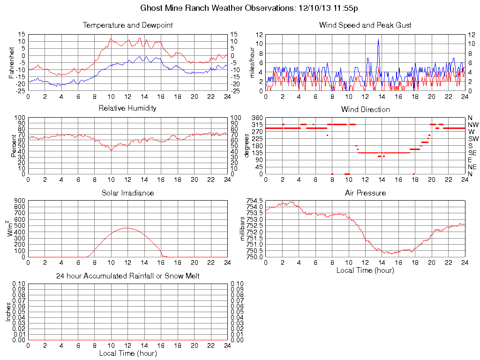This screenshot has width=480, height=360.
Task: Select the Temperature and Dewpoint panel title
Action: (x=127, y=25)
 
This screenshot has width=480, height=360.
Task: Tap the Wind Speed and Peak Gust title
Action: (x=365, y=25)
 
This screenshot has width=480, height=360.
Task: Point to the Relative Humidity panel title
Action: (x=127, y=108)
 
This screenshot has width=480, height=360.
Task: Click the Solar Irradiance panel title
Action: (x=127, y=193)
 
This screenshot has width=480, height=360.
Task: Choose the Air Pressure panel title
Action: (x=365, y=193)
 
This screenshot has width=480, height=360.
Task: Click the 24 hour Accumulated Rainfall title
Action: (x=127, y=276)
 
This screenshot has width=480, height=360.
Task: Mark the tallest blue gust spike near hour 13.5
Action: (x=378, y=39)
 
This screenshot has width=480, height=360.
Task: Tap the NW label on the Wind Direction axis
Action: (x=472, y=125)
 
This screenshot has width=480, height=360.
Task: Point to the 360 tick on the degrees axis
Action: (x=257, y=118)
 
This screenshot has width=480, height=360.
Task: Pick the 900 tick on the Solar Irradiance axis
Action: (x=19, y=201)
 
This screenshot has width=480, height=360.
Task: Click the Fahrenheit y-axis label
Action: (x=12, y=62)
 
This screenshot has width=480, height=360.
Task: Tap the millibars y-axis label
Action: (x=243, y=229)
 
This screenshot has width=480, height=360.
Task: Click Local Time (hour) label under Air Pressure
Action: (x=365, y=270)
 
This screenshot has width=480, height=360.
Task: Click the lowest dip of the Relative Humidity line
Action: (x=111, y=150)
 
